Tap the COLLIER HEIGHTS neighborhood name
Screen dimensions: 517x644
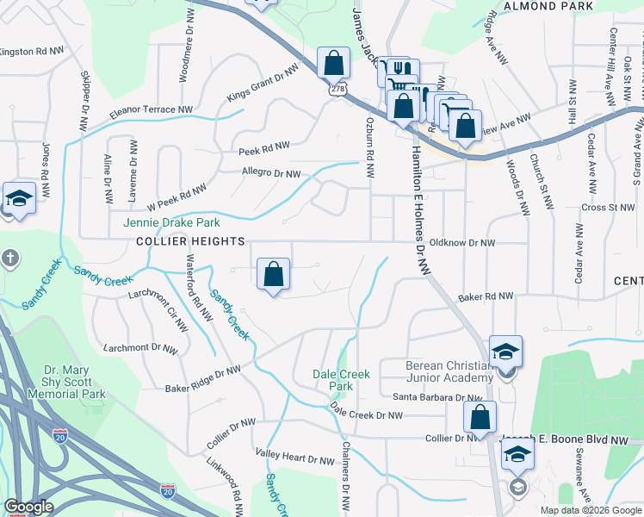pyautogui.click(x=190, y=242)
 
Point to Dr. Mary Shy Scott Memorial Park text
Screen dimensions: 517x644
pyautogui.click(x=74, y=382)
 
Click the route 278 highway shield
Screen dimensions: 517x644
pyautogui.click(x=334, y=89)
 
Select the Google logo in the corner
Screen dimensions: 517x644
pyautogui.click(x=28, y=507)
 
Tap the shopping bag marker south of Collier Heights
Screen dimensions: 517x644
pyautogui.click(x=273, y=276)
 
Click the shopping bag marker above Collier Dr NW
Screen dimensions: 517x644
pyautogui.click(x=480, y=418)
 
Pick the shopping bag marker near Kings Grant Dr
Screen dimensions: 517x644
pyautogui.click(x=333, y=63)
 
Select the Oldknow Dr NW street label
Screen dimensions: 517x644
pyautogui.click(x=462, y=243)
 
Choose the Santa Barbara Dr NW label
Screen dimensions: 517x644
pyautogui.click(x=437, y=397)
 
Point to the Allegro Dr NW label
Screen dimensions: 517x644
pyautogui.click(x=270, y=175)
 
